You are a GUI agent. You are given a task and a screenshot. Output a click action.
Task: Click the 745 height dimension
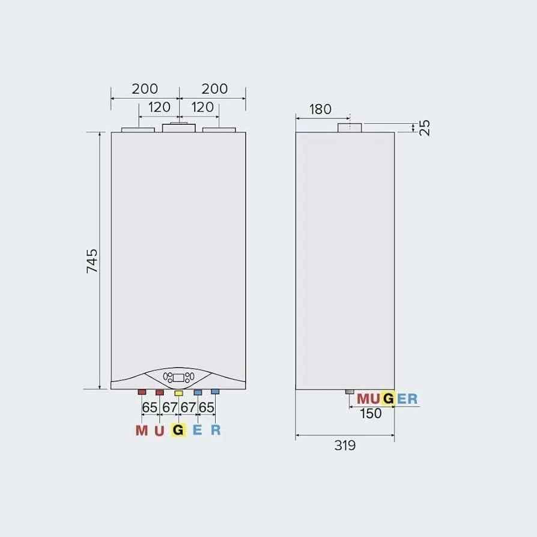[x=92, y=261]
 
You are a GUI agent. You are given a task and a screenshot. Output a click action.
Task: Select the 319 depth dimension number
[x=345, y=445]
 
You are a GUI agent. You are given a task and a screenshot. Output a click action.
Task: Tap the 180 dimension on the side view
[x=321, y=109]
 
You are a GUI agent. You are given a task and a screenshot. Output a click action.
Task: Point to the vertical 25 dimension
[x=425, y=127]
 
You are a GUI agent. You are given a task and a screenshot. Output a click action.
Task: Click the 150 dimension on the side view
[x=371, y=413]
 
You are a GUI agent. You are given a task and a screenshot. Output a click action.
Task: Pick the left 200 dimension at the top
[x=145, y=89]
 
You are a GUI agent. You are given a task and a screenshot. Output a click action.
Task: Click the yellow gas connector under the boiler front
[x=178, y=393]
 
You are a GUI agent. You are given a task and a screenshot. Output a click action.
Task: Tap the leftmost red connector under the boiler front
[x=142, y=392]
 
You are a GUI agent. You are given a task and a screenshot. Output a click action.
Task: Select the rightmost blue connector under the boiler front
[x=215, y=392]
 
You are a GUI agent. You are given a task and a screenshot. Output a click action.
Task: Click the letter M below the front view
[x=141, y=430]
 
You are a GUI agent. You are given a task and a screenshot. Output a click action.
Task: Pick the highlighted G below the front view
[x=178, y=430]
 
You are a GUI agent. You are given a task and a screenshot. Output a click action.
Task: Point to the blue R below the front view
[x=216, y=430]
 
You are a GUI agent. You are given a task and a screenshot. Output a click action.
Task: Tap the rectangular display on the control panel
[x=178, y=378]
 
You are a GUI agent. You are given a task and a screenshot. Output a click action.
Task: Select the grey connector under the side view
[x=350, y=392]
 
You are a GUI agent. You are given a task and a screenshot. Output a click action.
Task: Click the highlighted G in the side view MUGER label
[x=388, y=399]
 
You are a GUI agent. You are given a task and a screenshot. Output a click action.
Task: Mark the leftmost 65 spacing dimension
[x=150, y=407]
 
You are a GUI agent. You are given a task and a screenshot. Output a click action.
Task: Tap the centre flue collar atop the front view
[x=178, y=127]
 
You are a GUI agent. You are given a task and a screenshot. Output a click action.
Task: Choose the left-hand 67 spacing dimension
[x=169, y=407]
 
